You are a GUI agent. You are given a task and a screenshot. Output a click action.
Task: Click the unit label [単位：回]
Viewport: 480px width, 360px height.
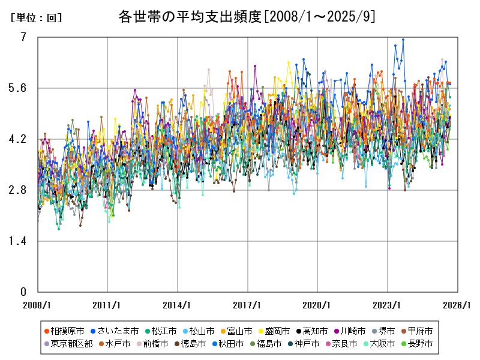(35, 18)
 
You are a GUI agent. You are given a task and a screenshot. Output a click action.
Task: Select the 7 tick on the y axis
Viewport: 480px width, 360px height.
(23, 37)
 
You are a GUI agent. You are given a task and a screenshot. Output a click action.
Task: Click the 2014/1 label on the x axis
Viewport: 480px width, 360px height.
(177, 305)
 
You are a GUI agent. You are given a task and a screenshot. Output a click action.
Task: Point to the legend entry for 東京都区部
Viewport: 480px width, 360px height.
(71, 344)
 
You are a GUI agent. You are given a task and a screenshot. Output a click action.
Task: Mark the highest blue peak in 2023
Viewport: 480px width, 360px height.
(403, 40)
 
